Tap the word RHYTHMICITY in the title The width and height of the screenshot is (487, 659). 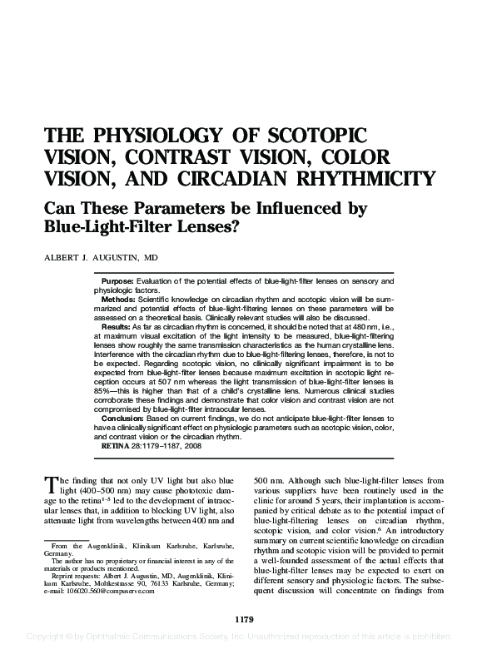click(355, 177)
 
